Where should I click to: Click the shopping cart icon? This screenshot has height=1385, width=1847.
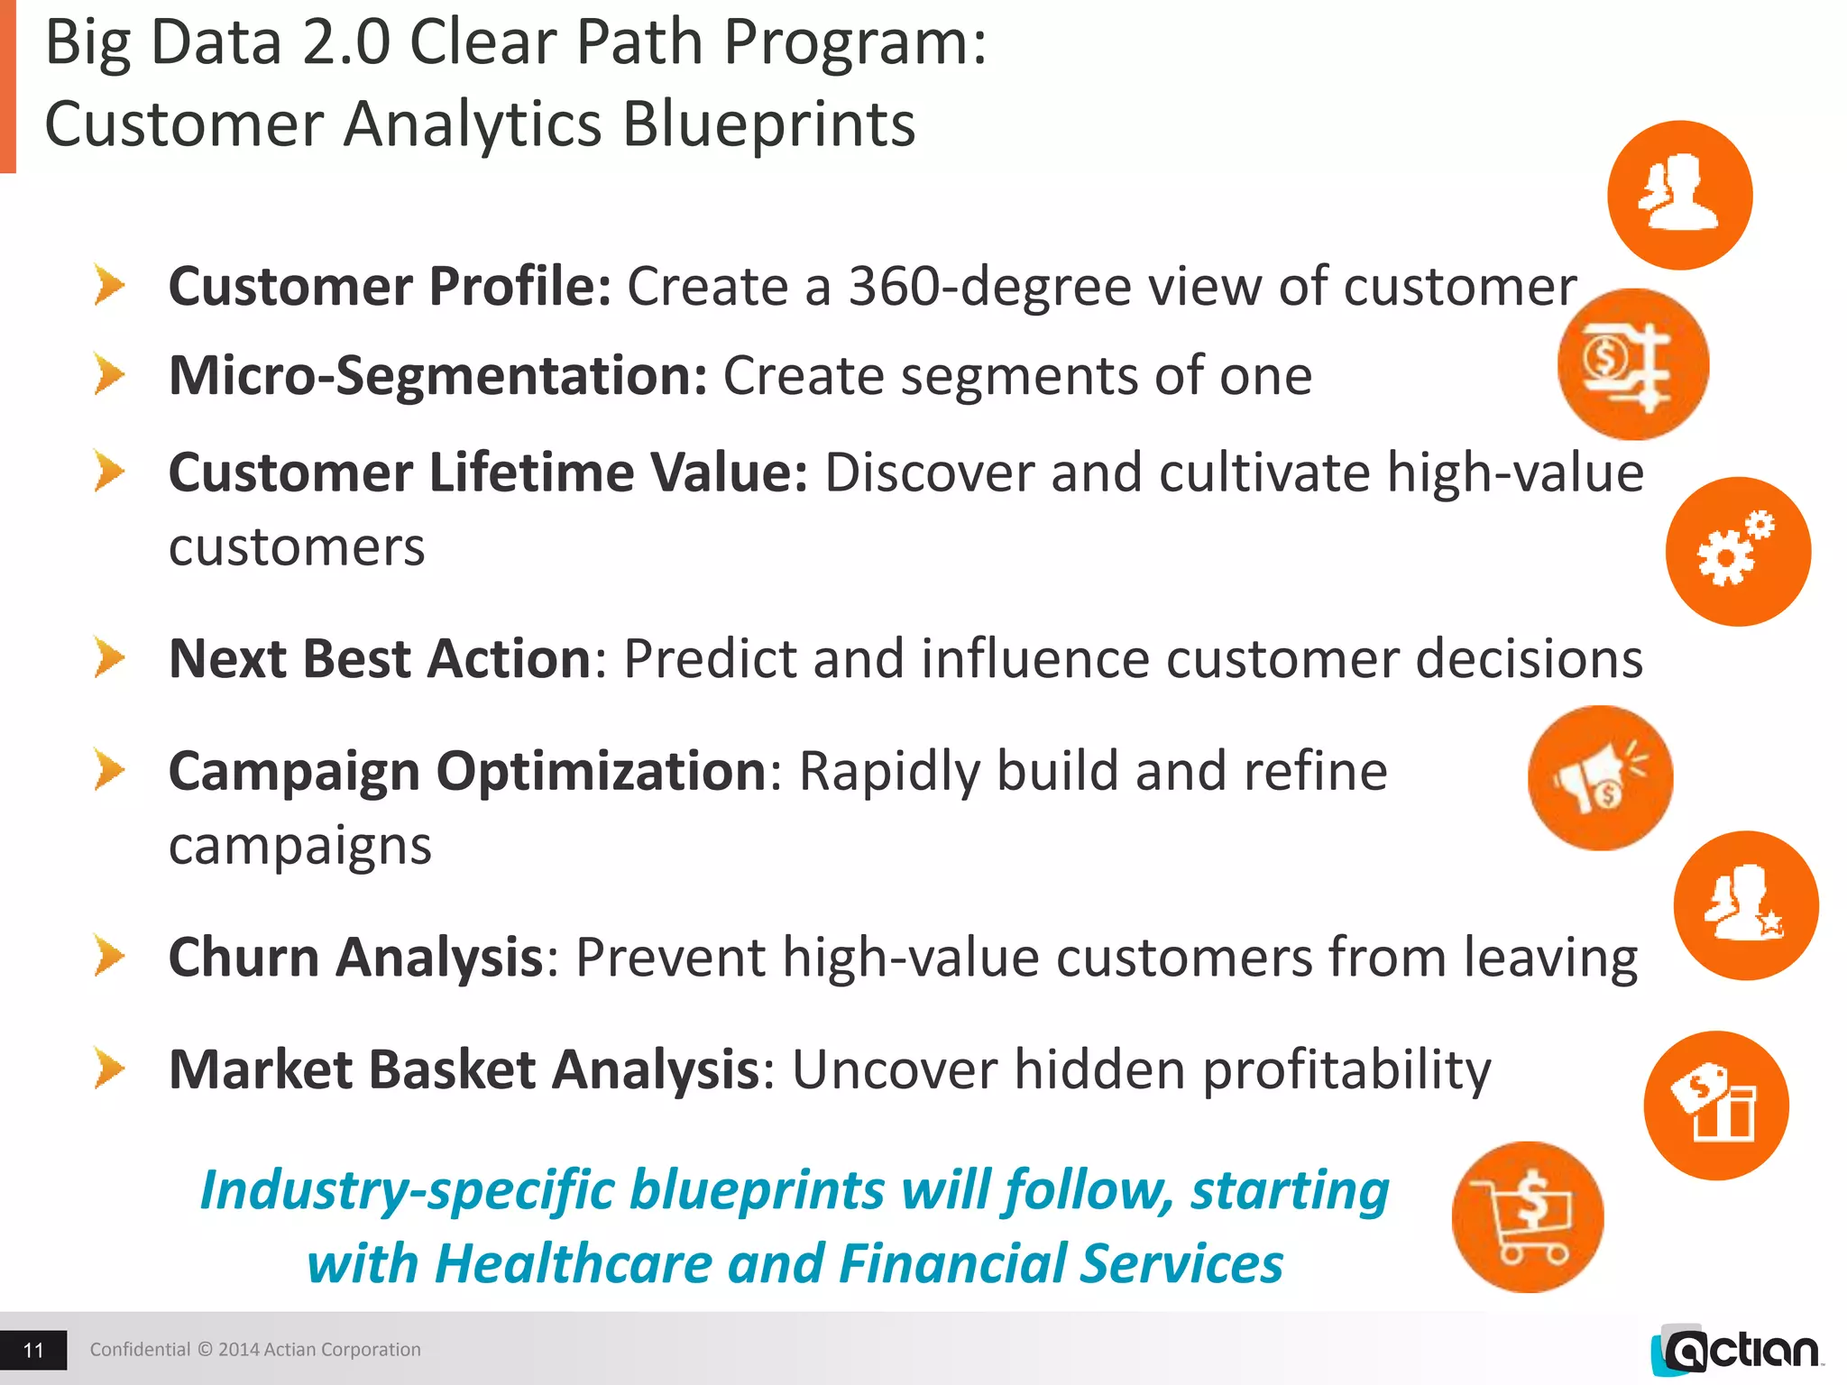click(1528, 1217)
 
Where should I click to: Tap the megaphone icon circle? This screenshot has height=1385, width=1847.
click(1600, 778)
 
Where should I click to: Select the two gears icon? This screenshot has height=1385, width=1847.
click(1737, 551)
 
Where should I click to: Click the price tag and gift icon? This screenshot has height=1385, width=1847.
click(1715, 1105)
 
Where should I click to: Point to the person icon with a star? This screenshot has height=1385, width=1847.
click(1745, 905)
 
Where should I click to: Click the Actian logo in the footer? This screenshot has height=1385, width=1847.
click(1736, 1351)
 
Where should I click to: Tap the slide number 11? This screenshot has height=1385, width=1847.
click(33, 1350)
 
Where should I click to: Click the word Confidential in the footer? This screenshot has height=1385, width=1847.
click(140, 1350)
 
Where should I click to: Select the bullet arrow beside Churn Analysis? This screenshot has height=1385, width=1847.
click(109, 956)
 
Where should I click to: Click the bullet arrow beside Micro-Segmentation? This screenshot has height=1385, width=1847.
click(109, 374)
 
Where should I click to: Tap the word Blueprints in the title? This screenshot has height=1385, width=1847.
click(768, 124)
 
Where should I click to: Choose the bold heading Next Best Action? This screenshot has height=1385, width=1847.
click(380, 658)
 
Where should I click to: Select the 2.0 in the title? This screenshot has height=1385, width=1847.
click(346, 42)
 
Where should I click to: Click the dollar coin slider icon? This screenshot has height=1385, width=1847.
click(1632, 364)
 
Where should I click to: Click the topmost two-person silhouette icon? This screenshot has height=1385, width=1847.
click(1679, 195)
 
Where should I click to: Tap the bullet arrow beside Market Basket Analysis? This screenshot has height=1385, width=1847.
click(109, 1069)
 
